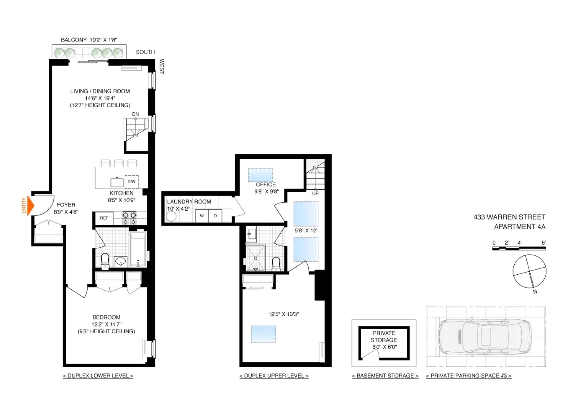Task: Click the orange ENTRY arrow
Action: (31, 206)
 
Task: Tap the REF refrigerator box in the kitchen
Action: (104, 218)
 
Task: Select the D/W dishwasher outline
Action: (131, 182)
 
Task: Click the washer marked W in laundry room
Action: (202, 216)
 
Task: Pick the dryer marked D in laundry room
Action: (215, 216)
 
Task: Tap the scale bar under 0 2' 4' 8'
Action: (519, 249)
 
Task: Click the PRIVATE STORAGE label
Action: (383, 336)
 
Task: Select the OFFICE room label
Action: (265, 184)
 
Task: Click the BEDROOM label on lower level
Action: (106, 317)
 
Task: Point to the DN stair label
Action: (135, 114)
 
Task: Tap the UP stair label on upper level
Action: (315, 193)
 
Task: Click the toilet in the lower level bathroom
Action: (105, 260)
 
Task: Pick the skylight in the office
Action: (260, 175)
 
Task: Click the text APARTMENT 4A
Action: (519, 227)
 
